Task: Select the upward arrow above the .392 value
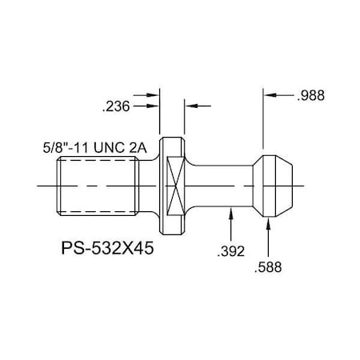230,214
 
